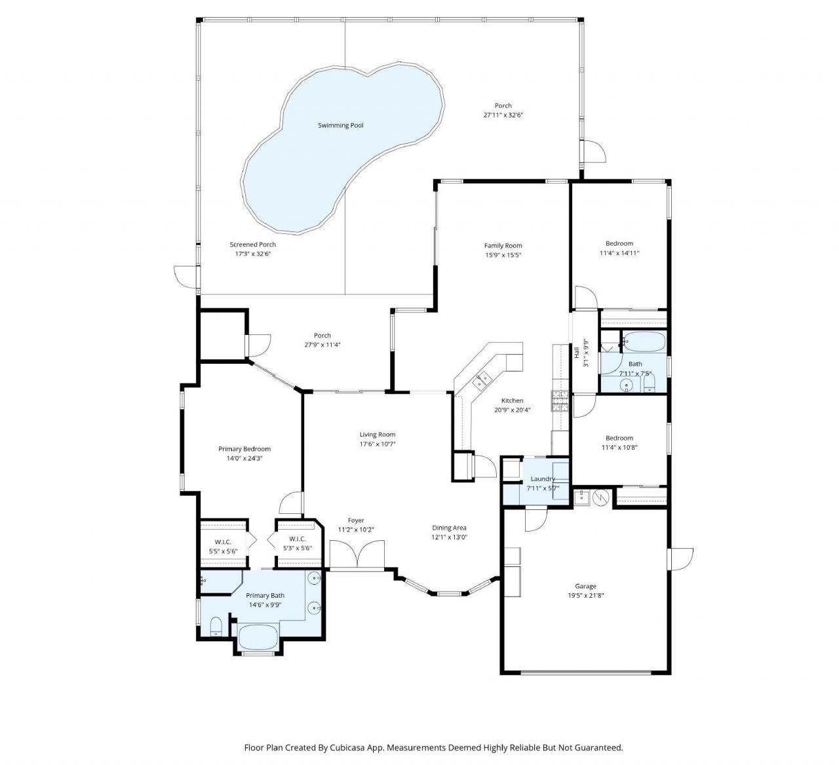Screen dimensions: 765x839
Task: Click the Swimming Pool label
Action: point(340,125)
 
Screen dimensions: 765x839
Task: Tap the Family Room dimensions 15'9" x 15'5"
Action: point(503,255)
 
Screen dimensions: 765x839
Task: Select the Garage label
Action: point(585,587)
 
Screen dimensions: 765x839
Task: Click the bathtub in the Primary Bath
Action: point(258,635)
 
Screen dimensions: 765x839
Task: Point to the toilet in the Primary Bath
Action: point(216,627)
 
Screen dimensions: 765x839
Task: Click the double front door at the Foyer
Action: point(357,555)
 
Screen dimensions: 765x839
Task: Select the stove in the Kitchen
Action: point(561,399)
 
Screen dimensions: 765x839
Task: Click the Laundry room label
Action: point(543,479)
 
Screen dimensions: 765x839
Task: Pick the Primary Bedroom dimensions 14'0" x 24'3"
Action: point(244,459)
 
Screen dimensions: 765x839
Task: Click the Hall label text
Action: point(577,352)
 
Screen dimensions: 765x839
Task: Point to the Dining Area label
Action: point(449,528)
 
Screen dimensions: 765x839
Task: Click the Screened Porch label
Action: point(252,245)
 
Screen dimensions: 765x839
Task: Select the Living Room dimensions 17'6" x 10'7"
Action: point(377,444)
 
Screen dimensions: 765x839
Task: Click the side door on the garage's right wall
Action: point(680,559)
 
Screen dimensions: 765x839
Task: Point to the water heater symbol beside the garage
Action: point(601,498)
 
